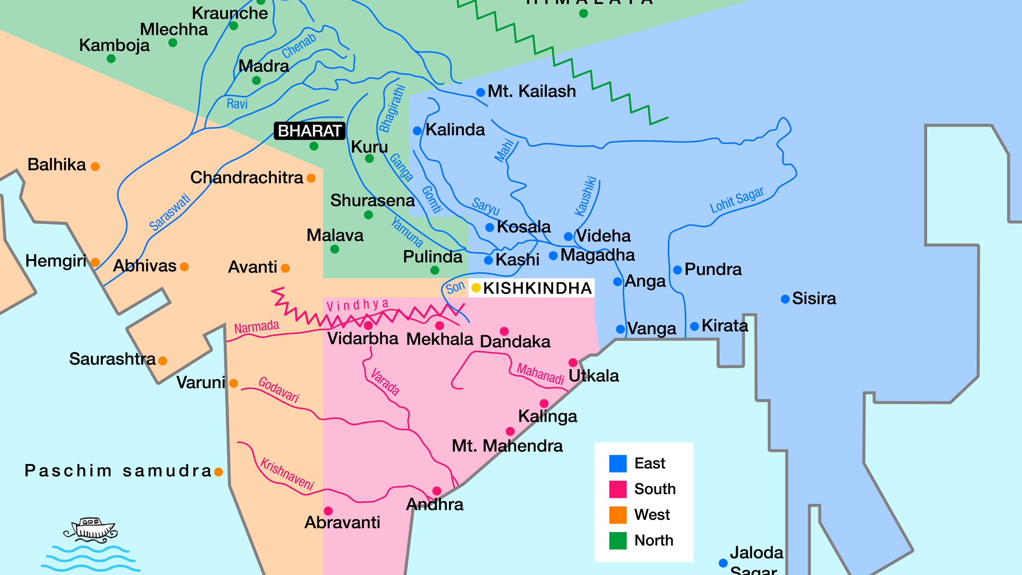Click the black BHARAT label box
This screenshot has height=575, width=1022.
[x=309, y=131]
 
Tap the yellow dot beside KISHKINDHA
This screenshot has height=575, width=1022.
[x=476, y=288]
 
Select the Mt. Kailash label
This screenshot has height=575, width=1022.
[x=532, y=91]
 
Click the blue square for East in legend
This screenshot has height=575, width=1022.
[x=618, y=463]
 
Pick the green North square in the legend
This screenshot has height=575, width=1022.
[x=618, y=540]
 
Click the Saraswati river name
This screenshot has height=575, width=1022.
[x=170, y=212]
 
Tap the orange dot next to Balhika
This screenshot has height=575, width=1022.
[x=95, y=166]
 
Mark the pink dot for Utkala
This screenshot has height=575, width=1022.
[x=573, y=362]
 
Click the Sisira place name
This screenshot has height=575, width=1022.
[x=814, y=298]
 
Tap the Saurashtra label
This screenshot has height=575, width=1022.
[x=112, y=359]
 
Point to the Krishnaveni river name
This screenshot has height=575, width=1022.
[x=287, y=474]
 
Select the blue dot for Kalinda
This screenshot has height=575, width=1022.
[x=417, y=131]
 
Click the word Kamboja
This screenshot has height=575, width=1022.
[x=114, y=45]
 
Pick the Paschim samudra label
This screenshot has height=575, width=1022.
[x=118, y=471]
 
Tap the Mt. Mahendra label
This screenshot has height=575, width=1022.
[x=507, y=446]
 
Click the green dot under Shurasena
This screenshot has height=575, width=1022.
[x=368, y=215]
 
